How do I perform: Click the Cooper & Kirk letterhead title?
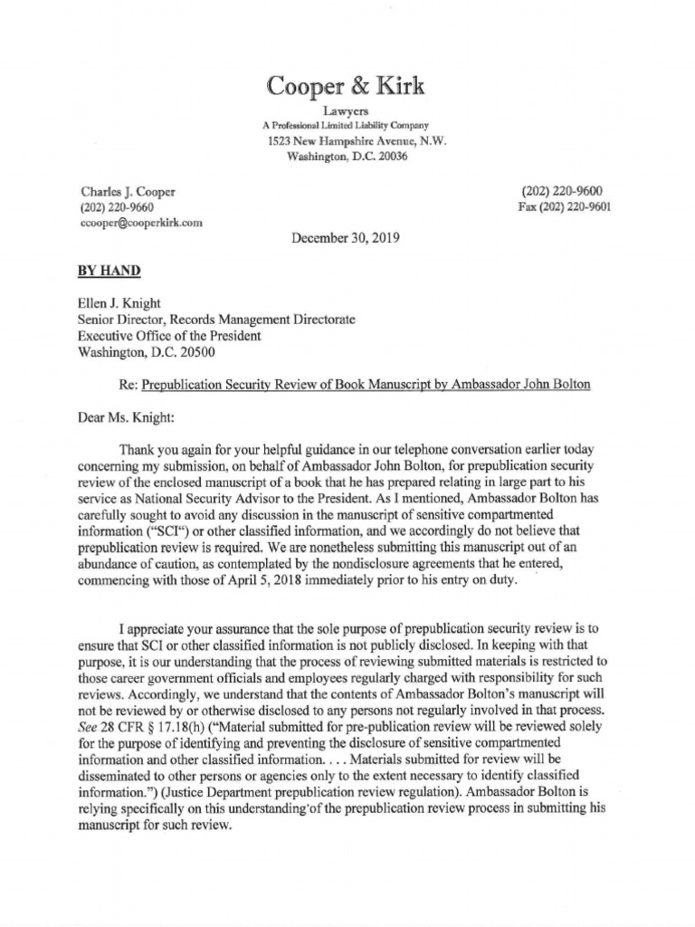point(344,86)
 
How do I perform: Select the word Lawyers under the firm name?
point(344,110)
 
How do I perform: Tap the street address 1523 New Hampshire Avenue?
point(356,141)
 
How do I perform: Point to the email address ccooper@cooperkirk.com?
point(141,221)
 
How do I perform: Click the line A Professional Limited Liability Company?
point(345,125)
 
